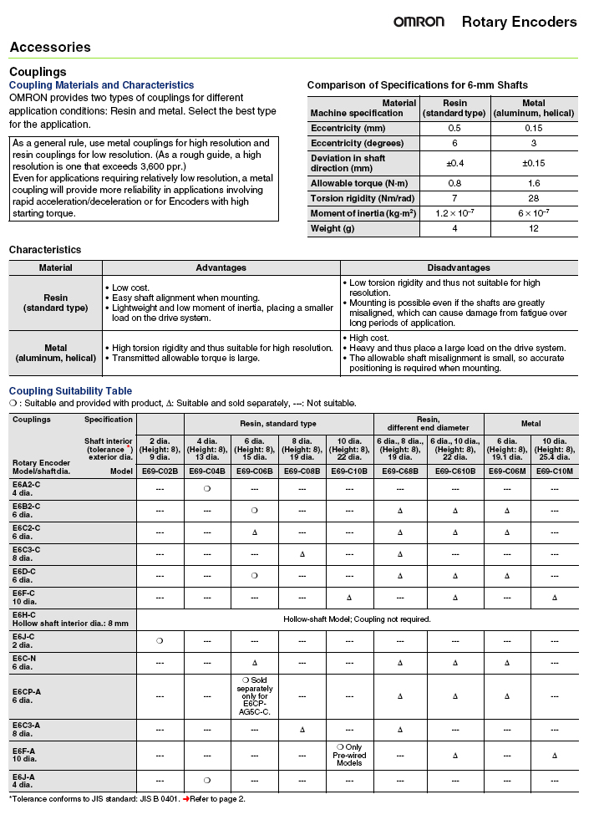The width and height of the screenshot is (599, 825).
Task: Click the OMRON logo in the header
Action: click(x=419, y=22)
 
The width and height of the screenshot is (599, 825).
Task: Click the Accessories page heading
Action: click(x=50, y=48)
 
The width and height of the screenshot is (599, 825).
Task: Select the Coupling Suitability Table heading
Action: click(x=70, y=391)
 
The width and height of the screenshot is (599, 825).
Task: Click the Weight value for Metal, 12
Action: click(x=533, y=228)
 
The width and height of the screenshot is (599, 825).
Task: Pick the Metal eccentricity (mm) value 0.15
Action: click(x=533, y=128)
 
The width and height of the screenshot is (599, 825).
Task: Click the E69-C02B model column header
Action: click(x=160, y=471)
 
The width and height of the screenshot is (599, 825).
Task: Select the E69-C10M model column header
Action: click(x=554, y=471)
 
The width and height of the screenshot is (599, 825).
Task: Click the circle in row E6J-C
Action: click(x=160, y=641)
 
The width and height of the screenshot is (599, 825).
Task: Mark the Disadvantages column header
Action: click(x=459, y=267)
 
